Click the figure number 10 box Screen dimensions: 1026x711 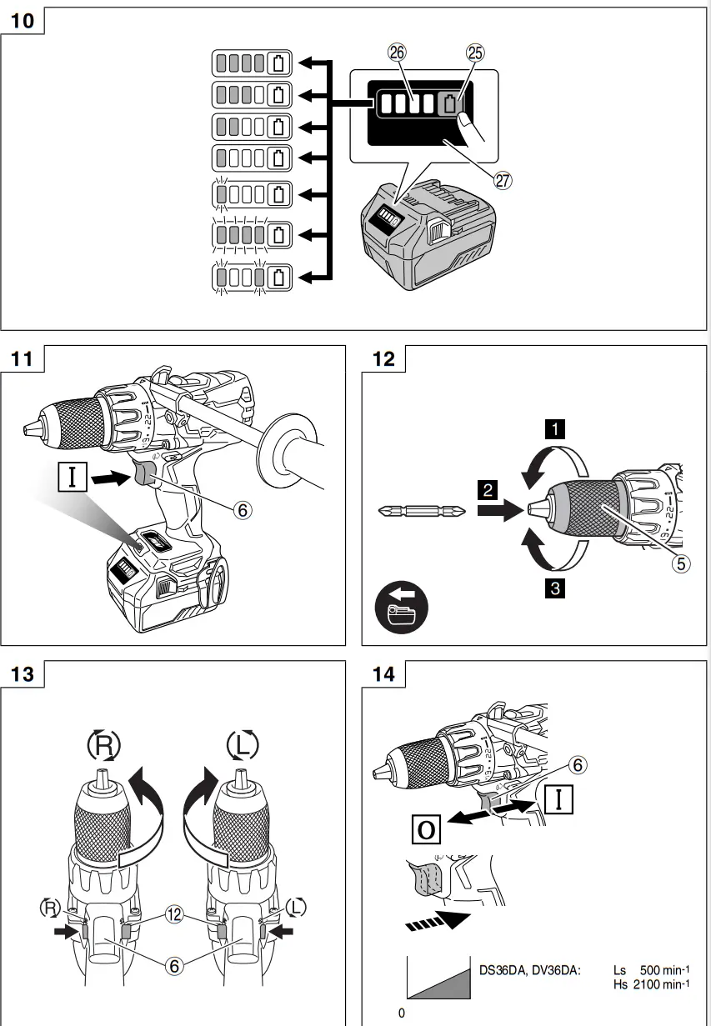click(x=23, y=20)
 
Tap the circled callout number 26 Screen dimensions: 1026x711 click(x=397, y=53)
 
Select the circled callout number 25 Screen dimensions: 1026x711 click(x=473, y=53)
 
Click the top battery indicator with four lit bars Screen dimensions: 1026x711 click(x=252, y=63)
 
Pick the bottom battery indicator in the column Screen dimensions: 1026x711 click(x=252, y=276)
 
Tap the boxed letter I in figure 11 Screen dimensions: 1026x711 click(x=72, y=478)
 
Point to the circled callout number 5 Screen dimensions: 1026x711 click(x=681, y=563)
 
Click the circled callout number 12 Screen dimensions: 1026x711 click(x=174, y=913)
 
